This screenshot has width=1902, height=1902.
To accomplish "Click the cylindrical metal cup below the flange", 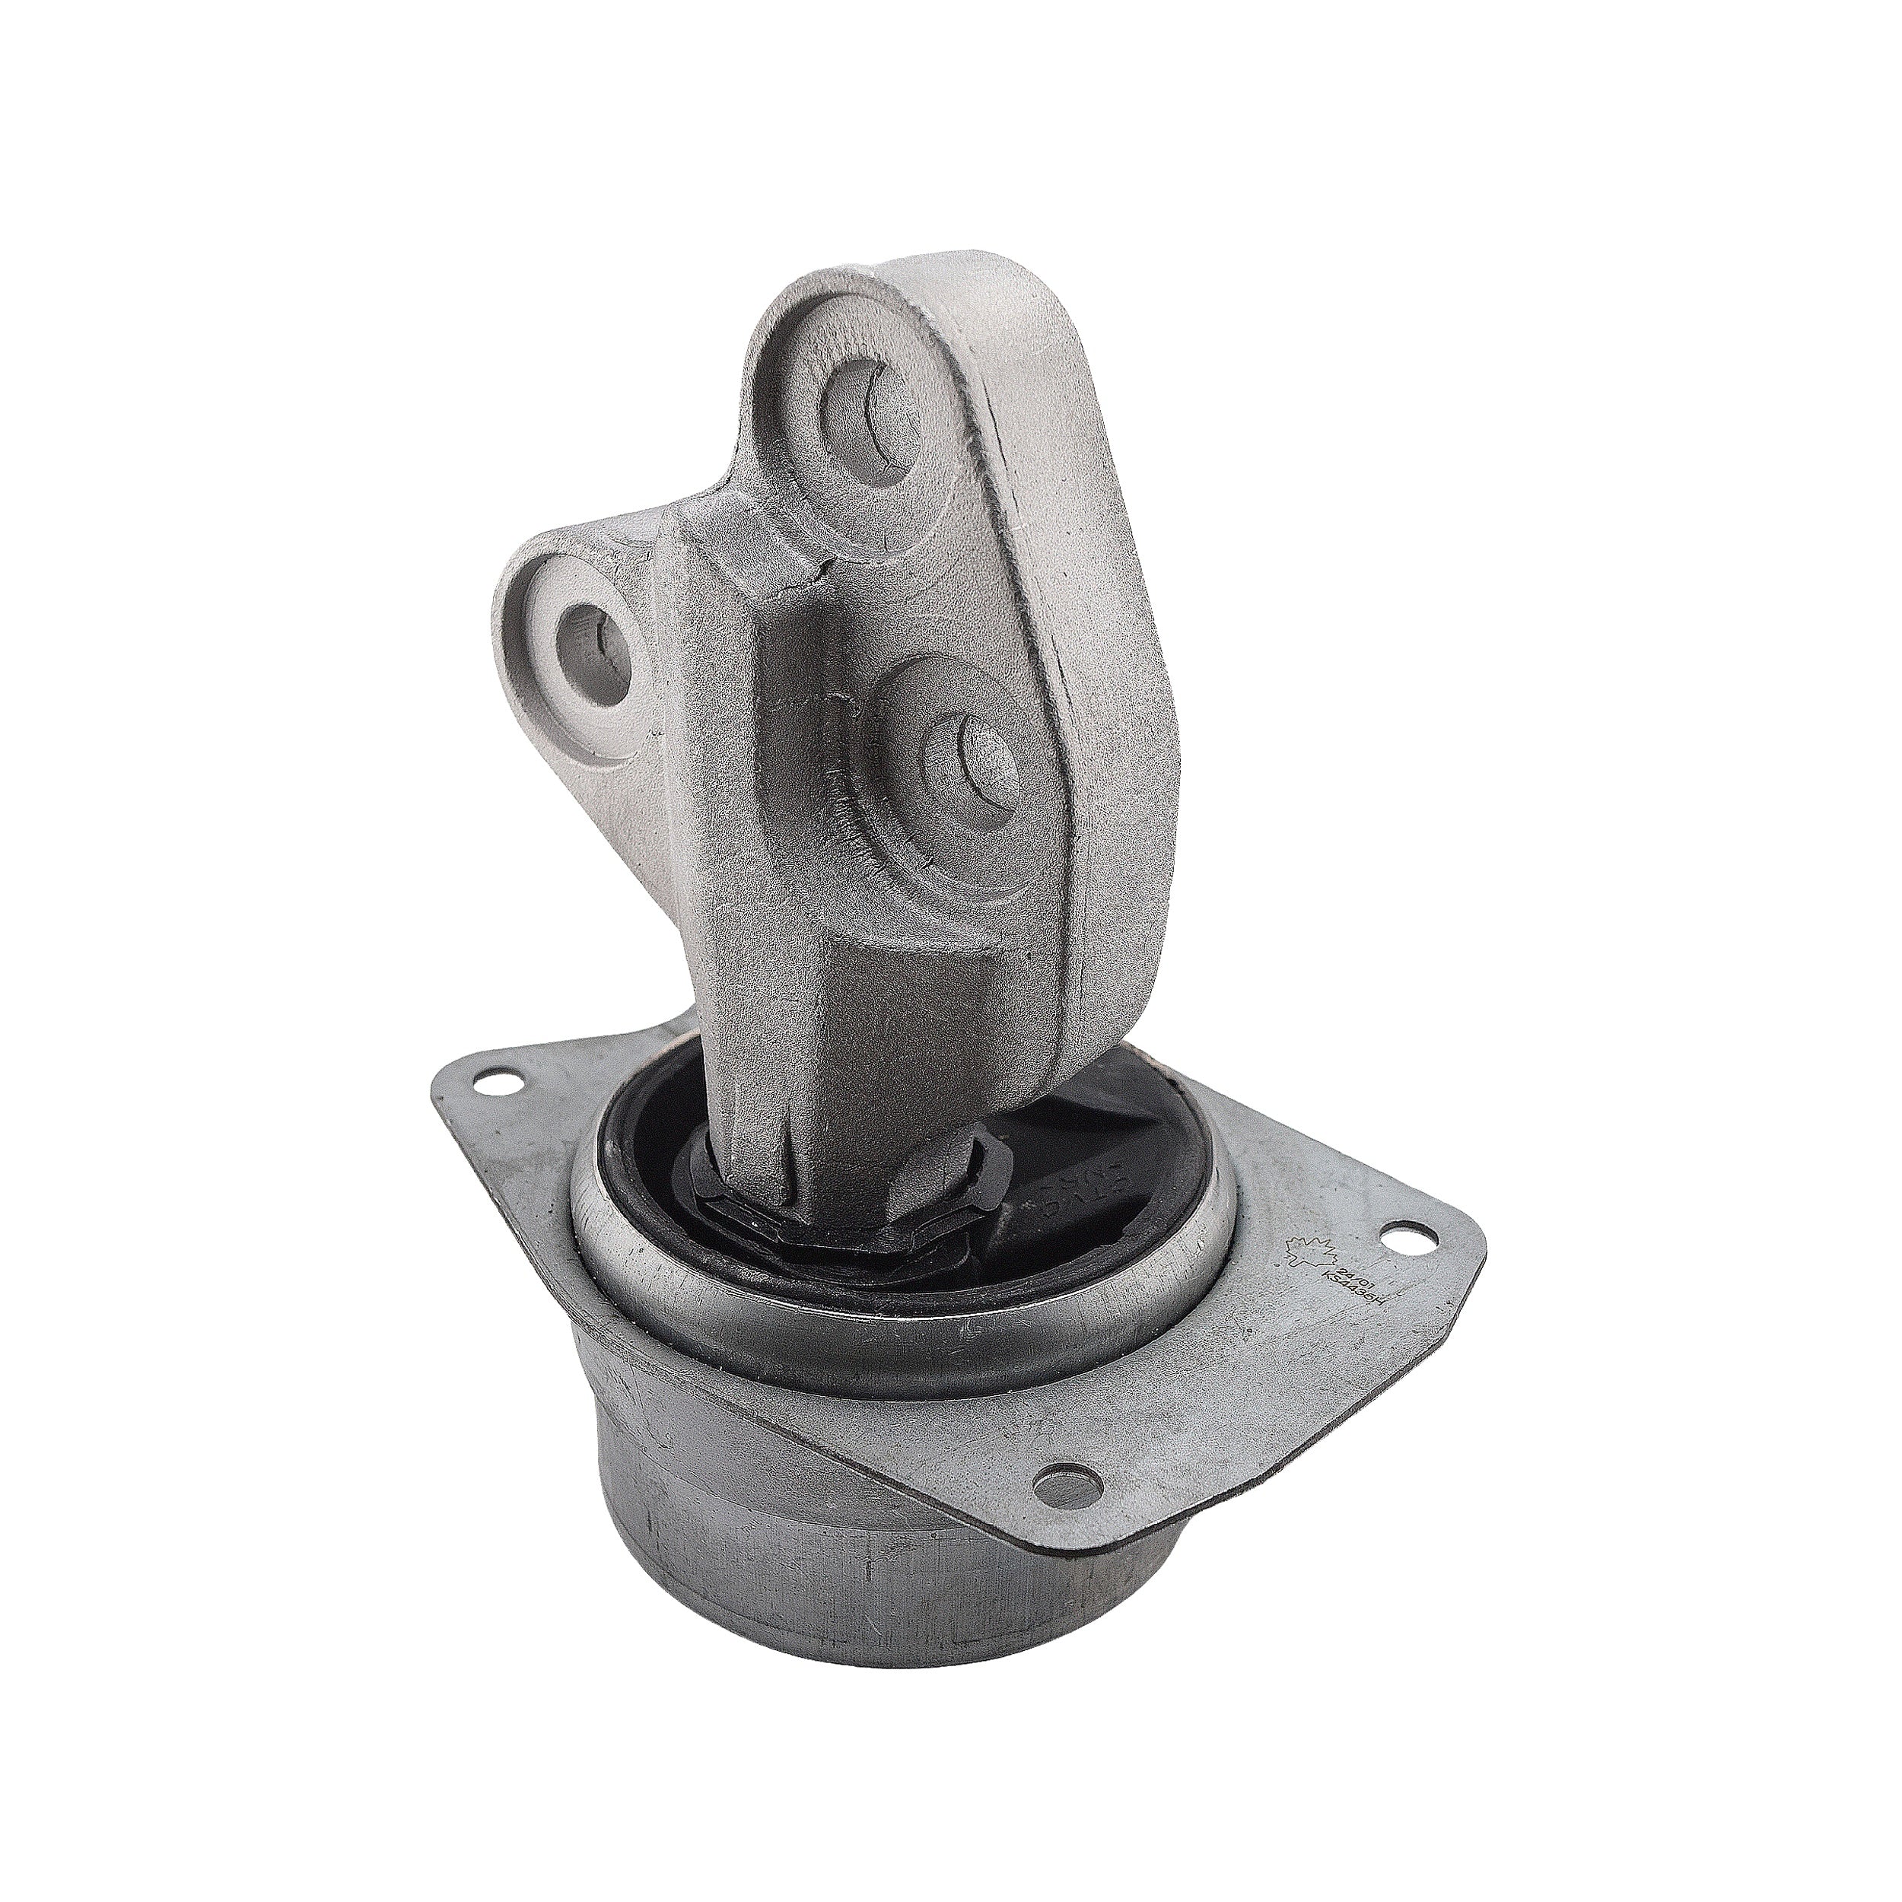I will pos(787,1536).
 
